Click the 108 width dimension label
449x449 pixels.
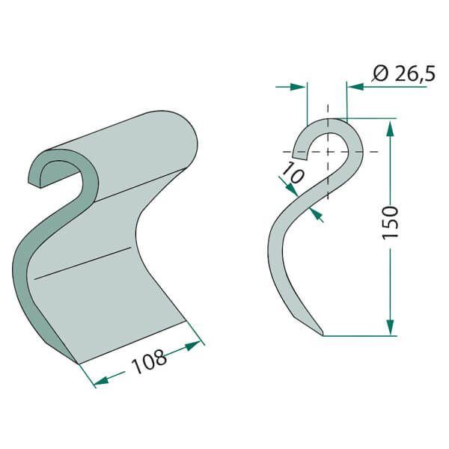coord(149,361)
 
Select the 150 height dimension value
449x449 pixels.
coord(390,222)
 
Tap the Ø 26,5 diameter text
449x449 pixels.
coord(404,74)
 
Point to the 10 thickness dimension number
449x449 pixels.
coord(292,173)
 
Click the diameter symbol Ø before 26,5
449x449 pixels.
coord(381,74)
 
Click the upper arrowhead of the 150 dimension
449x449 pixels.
coord(390,129)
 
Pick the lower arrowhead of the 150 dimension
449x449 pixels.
coord(390,327)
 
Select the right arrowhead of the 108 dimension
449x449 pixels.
coord(193,345)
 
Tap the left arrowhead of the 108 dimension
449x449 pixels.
coord(101,380)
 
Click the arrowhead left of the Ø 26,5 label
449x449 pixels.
coord(355,86)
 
